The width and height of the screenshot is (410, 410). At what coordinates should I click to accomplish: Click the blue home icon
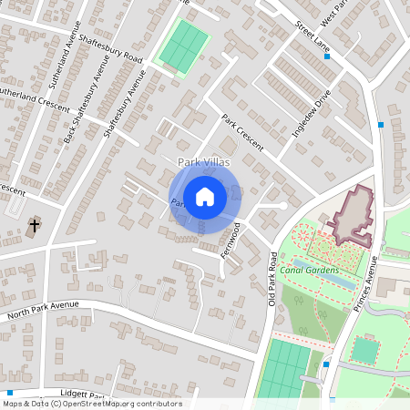click(205, 197)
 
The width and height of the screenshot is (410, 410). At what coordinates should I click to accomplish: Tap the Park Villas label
click(205, 162)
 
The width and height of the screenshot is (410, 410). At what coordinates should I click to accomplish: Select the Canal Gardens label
click(310, 270)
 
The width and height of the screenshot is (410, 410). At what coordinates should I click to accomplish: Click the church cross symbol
click(35, 224)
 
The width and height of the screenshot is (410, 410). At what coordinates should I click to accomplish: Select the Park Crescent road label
click(242, 133)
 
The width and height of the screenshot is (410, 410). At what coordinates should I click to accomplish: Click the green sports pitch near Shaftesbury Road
click(183, 46)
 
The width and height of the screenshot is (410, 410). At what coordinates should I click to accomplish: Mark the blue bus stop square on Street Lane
click(327, 56)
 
